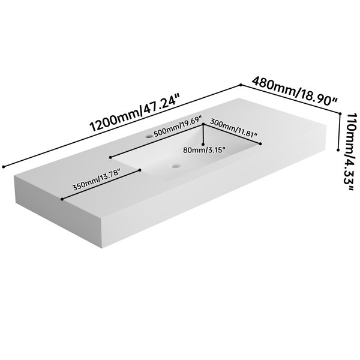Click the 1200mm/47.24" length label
point(134,113)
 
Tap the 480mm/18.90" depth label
point(295,91)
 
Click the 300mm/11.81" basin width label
point(233,128)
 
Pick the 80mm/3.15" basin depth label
point(204,150)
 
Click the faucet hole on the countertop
point(149,136)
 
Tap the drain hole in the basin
point(176,166)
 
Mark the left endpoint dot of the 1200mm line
point(3,167)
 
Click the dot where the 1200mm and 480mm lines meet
point(241,85)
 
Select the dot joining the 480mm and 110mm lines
point(340,113)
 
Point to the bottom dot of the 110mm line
point(338,150)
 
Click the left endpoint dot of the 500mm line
point(110,157)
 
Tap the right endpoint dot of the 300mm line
point(260,144)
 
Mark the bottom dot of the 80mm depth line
point(203,144)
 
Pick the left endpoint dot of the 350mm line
point(62,199)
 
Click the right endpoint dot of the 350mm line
point(140,170)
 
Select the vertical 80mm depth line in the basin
point(203,134)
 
